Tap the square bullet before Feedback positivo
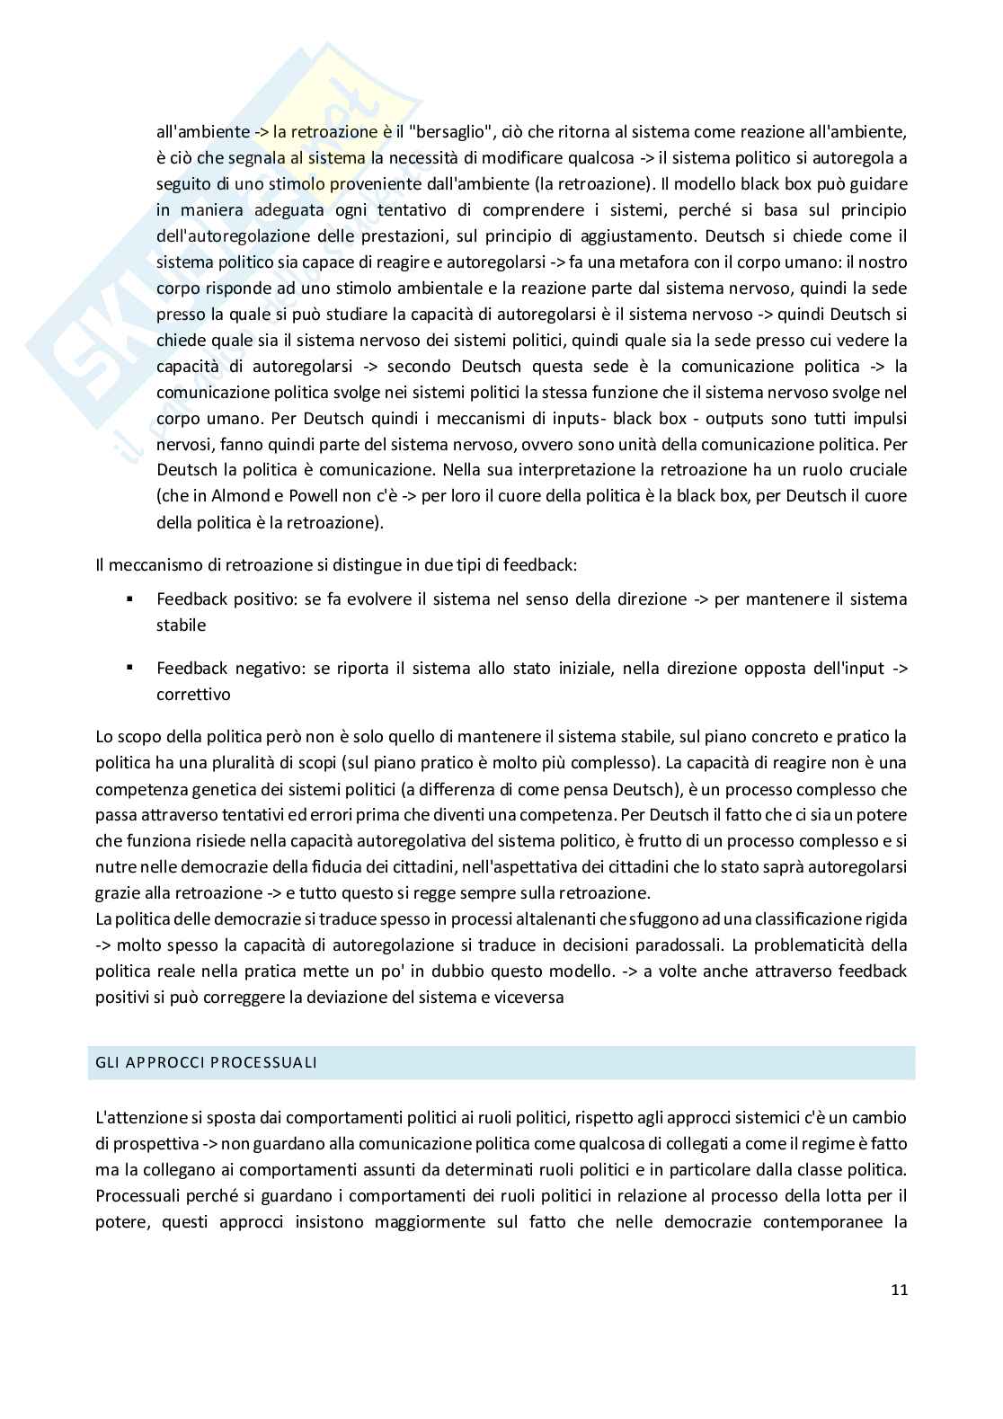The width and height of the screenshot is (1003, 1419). pyautogui.click(x=130, y=599)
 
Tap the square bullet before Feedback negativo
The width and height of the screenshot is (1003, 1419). pyautogui.click(x=130, y=668)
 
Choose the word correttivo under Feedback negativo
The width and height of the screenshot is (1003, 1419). pyautogui.click(x=193, y=695)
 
